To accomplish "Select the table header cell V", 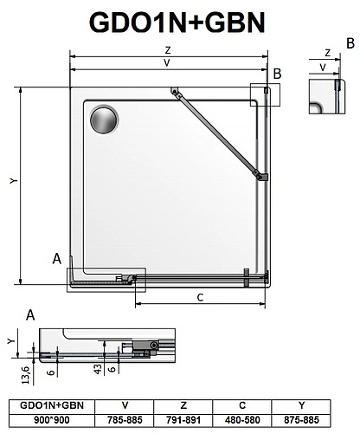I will (125, 404).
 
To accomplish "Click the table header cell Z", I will (184, 404).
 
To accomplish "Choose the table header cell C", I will (243, 404).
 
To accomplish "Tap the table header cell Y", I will (301, 404).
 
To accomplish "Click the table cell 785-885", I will (125, 418).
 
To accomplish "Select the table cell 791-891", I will (184, 418).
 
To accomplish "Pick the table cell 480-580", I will (243, 418).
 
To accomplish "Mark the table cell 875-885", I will (301, 418).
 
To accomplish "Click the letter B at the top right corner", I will (350, 42).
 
